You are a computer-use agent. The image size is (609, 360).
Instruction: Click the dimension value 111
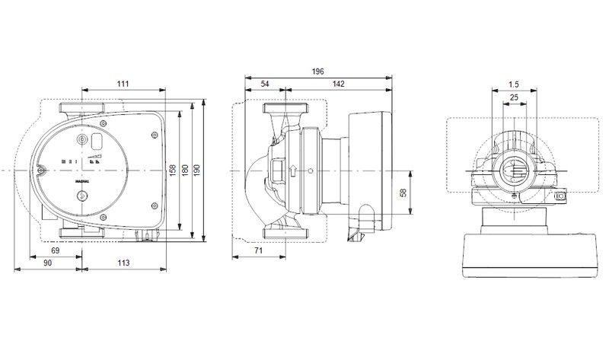(x=123, y=84)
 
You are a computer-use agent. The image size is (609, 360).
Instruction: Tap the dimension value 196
(x=317, y=72)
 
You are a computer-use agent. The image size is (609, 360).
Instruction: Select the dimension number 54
(x=265, y=84)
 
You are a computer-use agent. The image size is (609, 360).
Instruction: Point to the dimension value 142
(x=339, y=84)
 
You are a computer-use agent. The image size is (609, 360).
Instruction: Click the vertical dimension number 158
(x=173, y=170)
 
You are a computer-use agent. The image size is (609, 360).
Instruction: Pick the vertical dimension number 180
(x=185, y=170)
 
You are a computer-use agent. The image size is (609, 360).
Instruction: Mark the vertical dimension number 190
(x=197, y=170)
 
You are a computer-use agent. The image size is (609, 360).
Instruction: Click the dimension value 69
(x=56, y=250)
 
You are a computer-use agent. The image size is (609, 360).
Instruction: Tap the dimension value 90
(x=47, y=263)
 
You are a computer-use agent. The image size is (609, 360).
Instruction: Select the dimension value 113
(x=123, y=263)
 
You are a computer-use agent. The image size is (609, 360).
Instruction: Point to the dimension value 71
(x=258, y=250)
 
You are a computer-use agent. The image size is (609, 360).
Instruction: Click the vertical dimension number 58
(x=403, y=193)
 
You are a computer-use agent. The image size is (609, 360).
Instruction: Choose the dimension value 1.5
(x=513, y=84)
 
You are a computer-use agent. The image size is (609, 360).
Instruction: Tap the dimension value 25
(x=514, y=97)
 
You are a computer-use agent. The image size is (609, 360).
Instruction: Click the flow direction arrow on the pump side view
(x=293, y=170)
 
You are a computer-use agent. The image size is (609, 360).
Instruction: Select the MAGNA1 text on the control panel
(x=82, y=181)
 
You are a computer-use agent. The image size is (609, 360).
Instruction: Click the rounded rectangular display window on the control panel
(x=97, y=141)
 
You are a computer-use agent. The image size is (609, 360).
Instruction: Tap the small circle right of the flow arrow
(x=310, y=171)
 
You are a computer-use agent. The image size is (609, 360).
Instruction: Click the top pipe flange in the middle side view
(x=286, y=108)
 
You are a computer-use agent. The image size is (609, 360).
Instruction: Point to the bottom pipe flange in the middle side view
(x=286, y=233)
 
